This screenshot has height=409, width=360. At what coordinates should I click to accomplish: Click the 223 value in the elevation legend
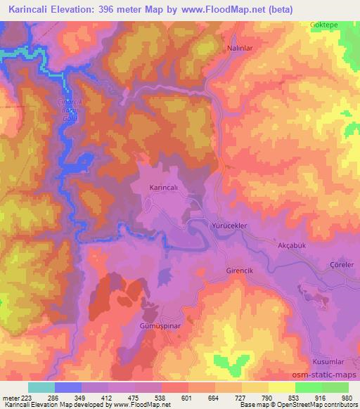30,397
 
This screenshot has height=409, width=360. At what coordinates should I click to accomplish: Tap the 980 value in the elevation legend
347,397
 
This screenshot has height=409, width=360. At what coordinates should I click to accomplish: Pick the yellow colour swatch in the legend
281,387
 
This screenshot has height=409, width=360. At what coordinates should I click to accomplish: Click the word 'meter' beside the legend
11,397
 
